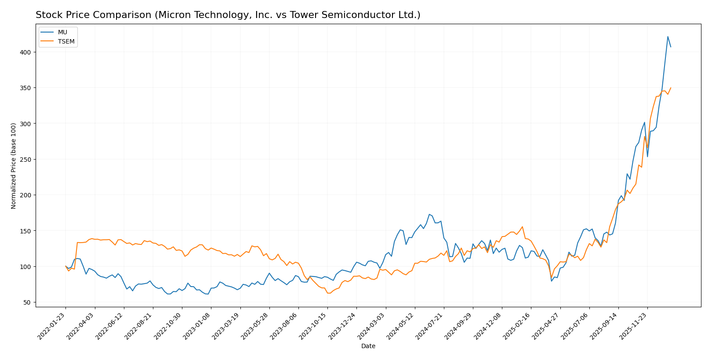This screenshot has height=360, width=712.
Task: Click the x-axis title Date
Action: pos(368,346)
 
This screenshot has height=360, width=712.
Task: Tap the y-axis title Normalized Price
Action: pos(14,166)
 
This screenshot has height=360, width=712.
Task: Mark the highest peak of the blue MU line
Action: pos(668,36)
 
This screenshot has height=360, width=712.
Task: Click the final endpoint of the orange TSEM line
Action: pos(671,87)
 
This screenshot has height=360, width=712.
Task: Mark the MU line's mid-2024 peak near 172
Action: pos(429,215)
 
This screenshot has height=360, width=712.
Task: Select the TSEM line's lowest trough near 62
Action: pos(328,293)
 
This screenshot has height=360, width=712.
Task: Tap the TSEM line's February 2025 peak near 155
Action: pos(522,227)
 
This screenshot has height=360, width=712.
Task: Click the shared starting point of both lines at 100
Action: pos(65,266)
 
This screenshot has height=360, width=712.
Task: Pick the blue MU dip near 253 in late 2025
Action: pos(647,157)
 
